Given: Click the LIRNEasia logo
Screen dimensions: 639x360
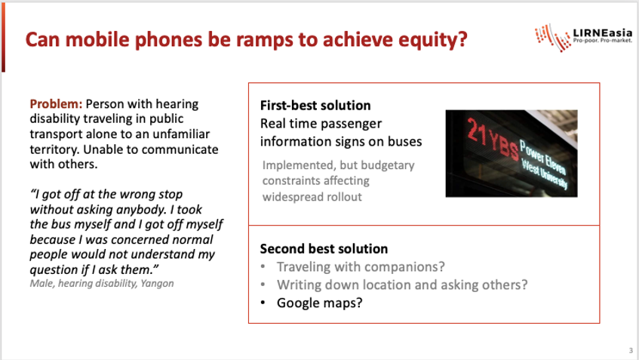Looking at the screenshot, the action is [x=584, y=38].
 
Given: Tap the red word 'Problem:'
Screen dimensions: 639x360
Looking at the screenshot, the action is [x=56, y=104].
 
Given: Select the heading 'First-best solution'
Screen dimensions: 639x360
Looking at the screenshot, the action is [x=315, y=106].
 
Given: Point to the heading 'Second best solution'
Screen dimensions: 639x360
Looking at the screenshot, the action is [x=324, y=249].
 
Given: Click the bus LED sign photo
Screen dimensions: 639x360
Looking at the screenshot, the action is [x=512, y=153].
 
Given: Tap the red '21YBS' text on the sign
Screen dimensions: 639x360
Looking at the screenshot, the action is [x=492, y=139].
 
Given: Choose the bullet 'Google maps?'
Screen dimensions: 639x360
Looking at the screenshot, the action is [x=320, y=303].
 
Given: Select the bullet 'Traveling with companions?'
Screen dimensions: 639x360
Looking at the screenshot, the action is [x=361, y=266].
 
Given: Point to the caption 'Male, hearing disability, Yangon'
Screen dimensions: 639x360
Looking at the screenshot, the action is [x=102, y=283].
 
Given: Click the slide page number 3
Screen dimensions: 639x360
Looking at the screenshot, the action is [x=631, y=351].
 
